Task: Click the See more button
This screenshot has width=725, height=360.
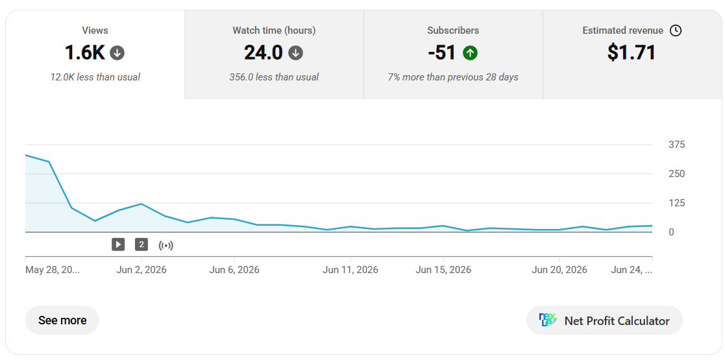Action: click(62, 320)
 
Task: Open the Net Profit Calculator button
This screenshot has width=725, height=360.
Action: click(604, 320)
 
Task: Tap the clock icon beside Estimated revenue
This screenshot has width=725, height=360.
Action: click(676, 30)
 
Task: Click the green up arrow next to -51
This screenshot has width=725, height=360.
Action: click(470, 53)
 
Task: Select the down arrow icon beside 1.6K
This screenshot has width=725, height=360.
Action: click(117, 53)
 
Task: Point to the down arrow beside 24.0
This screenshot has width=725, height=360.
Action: click(295, 53)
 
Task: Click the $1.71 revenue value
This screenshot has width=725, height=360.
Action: click(632, 53)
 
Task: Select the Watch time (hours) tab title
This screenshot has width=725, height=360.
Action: click(274, 30)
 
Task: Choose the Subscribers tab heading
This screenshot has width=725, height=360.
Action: click(453, 30)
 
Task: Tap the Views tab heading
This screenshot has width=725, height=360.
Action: click(95, 30)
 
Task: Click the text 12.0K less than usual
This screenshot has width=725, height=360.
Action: click(95, 77)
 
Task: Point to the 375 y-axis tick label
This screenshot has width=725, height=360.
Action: click(677, 145)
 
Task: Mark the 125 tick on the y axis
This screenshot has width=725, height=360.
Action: click(677, 203)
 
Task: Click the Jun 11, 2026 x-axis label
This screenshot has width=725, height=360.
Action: click(350, 270)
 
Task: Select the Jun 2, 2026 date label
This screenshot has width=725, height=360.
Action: click(141, 270)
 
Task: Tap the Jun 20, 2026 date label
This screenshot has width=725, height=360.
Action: click(559, 270)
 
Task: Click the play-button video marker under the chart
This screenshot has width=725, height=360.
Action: click(118, 245)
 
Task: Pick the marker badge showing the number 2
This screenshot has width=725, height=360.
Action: click(141, 245)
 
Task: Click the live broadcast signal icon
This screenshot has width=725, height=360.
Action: click(166, 245)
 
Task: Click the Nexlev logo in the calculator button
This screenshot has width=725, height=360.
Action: click(548, 320)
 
